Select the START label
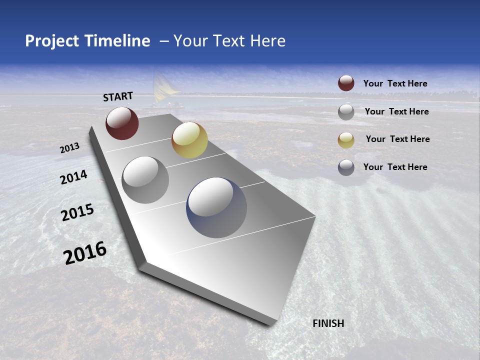[x=118, y=96]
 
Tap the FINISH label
[x=328, y=323]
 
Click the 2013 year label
[x=70, y=148]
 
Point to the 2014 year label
[x=74, y=177]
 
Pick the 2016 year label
[x=85, y=253]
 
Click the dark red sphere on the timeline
[x=122, y=123]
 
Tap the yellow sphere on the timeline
[x=189, y=140]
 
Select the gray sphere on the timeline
[x=145, y=179]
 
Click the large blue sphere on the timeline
[x=216, y=207]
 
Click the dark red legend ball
[x=346, y=83]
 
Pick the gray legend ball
[x=346, y=112]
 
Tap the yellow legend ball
[x=346, y=140]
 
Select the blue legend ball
[x=346, y=167]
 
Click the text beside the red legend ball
[x=395, y=83]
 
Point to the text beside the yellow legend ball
[x=397, y=139]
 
